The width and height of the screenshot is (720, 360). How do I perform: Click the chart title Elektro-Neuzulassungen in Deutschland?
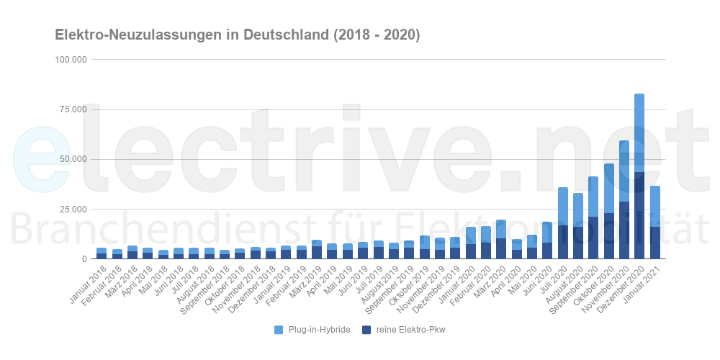[237, 35]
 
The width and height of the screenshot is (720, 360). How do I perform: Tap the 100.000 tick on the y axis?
[71, 60]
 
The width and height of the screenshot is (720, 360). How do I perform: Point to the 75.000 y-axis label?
[73, 109]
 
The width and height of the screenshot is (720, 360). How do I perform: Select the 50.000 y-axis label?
[73, 159]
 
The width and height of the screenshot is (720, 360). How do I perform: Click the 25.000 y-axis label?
[73, 209]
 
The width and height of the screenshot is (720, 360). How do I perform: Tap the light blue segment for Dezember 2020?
[639, 133]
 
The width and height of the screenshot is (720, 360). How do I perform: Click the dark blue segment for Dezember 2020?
[639, 216]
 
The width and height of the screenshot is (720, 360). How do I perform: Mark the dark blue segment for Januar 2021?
[654, 243]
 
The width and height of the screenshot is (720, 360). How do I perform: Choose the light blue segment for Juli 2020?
[562, 206]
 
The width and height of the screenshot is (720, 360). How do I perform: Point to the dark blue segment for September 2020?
[593, 238]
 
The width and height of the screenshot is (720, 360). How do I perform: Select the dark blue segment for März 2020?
[501, 248]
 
